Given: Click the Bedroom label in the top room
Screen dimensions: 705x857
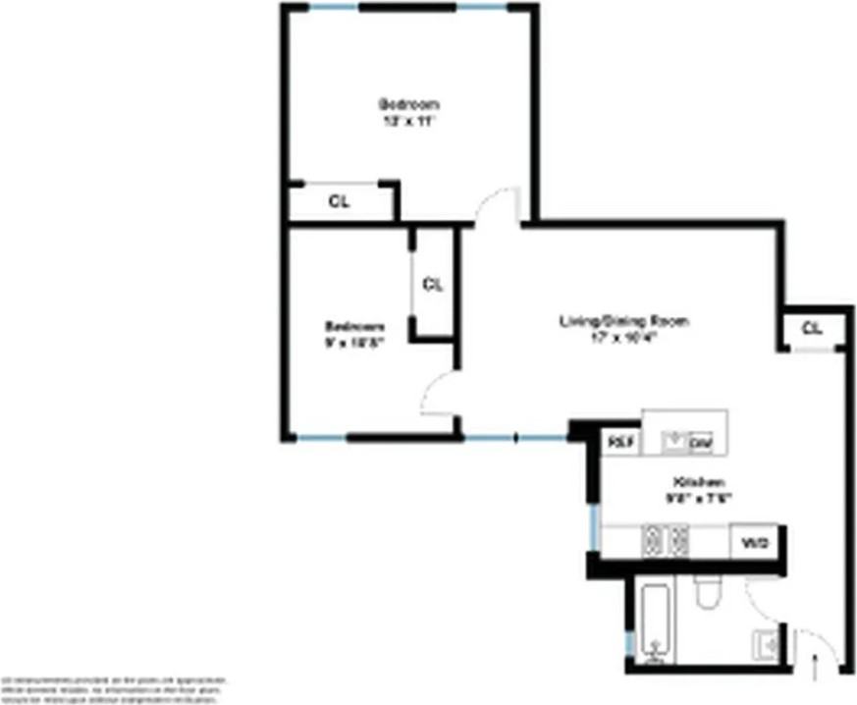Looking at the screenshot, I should click(x=408, y=103).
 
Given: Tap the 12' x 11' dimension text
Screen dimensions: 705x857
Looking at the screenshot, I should click(x=408, y=122).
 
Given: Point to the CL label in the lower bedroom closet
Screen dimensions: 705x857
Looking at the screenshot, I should click(x=433, y=285).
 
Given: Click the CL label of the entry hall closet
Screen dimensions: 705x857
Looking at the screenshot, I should click(x=811, y=328).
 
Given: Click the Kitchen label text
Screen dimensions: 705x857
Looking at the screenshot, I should click(x=698, y=482).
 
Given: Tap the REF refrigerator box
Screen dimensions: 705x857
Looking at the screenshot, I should click(x=619, y=443).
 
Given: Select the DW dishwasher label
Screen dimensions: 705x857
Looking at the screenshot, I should click(x=700, y=445).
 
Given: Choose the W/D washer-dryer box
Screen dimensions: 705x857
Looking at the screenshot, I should click(x=754, y=541).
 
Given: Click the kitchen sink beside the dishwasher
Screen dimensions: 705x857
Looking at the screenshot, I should click(x=673, y=443).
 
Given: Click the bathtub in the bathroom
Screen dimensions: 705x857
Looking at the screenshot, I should click(x=655, y=622).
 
